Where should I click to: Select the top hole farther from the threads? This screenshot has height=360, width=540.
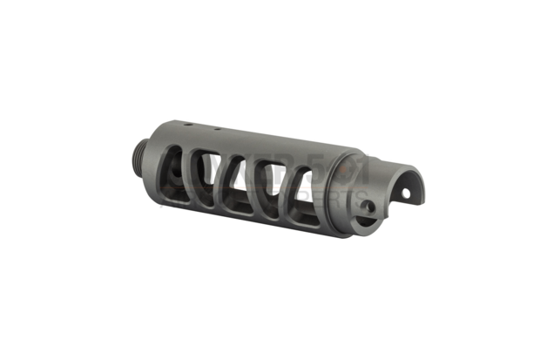(x=214, y=130)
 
